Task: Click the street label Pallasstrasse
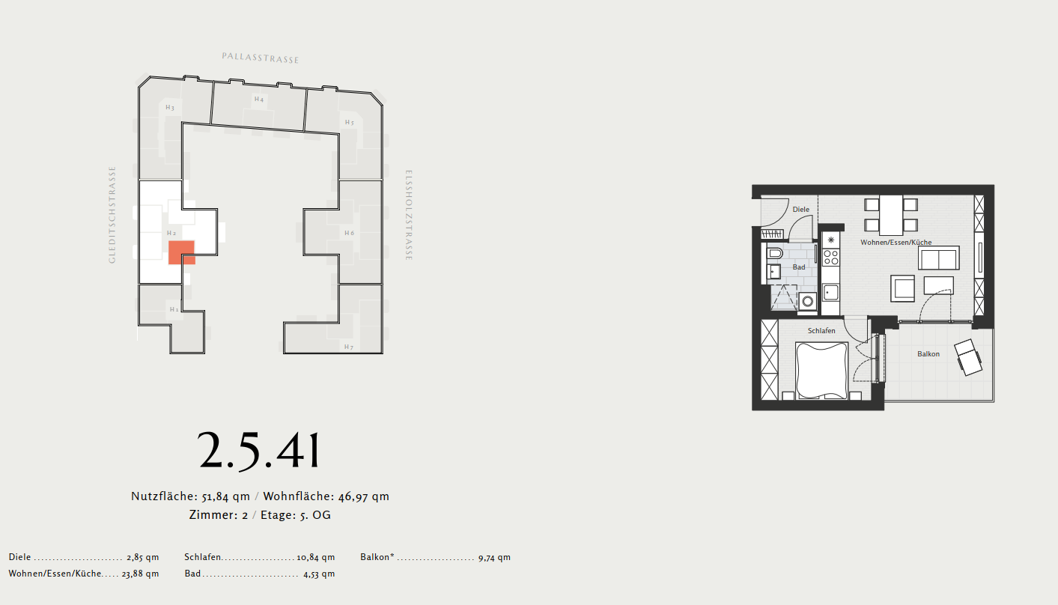click(x=261, y=58)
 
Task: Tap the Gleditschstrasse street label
click(x=112, y=215)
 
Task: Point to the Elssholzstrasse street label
click(x=409, y=215)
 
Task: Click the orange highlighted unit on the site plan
click(x=182, y=252)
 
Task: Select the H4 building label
click(x=259, y=99)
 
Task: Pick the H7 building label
click(x=349, y=347)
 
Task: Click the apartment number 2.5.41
click(x=259, y=451)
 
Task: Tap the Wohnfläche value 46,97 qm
click(x=364, y=496)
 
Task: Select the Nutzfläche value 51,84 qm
click(x=226, y=496)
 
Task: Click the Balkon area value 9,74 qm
click(x=494, y=558)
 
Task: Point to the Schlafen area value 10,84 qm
click(x=315, y=557)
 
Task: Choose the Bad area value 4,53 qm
click(x=319, y=574)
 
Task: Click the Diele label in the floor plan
click(x=800, y=209)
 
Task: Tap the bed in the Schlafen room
click(x=821, y=371)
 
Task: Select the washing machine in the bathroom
click(x=808, y=301)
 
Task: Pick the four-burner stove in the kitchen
click(x=831, y=258)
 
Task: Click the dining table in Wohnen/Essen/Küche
click(x=891, y=215)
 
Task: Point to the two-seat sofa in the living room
click(x=938, y=258)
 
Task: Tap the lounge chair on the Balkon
click(x=968, y=357)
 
